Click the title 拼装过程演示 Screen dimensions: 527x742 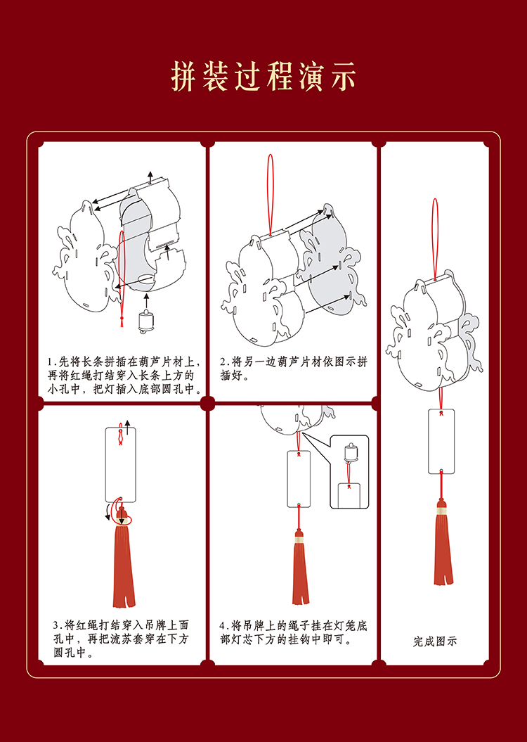click(263, 77)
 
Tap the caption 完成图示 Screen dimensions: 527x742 click(435, 641)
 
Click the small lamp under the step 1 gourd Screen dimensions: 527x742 click(147, 321)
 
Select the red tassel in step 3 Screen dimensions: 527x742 click(124, 563)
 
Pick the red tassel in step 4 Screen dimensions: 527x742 click(301, 573)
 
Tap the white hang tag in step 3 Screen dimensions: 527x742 click(120, 464)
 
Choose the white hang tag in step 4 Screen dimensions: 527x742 click(299, 478)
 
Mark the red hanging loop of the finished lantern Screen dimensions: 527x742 click(435, 239)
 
